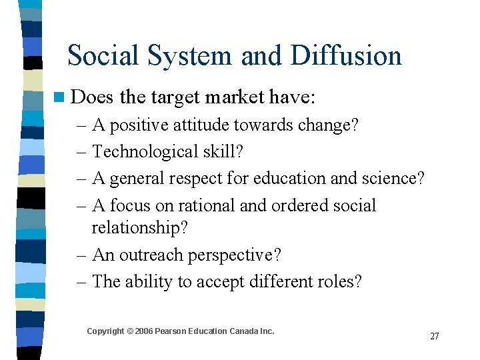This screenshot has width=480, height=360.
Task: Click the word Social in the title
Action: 101,55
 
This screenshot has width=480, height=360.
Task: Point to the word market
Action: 235,98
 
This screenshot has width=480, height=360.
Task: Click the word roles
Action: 339,281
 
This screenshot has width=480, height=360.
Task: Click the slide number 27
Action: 434,336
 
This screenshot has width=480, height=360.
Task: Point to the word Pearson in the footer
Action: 172,331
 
